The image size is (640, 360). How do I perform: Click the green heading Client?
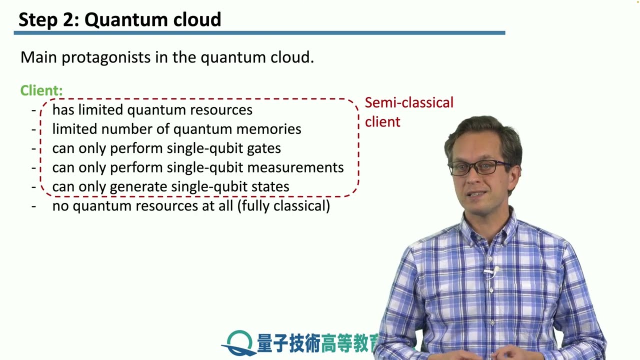(41, 90)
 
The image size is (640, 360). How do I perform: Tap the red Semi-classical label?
(408, 102)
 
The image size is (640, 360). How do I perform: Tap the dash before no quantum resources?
(34, 206)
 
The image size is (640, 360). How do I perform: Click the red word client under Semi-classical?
(382, 122)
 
